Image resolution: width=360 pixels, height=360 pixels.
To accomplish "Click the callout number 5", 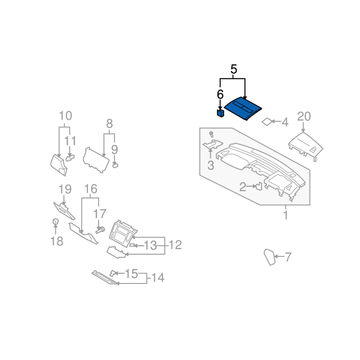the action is pos(234,69).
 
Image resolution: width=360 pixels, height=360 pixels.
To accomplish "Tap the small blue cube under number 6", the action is pos(220,113).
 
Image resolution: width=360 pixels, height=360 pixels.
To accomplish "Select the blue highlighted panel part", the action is pos(243,108).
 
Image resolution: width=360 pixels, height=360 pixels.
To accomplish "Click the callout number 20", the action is pos(304,117).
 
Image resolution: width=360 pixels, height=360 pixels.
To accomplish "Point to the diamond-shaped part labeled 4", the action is pos(267,121).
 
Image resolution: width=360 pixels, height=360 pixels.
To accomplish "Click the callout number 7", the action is pos(288,257).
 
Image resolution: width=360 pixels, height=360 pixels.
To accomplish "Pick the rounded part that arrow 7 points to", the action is pos(270,256).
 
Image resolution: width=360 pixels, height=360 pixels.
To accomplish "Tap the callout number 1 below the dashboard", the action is pos(286,215).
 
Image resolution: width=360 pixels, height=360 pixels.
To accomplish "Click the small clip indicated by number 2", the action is pos(259,186).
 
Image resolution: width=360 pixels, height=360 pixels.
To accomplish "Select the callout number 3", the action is pos(211,165).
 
